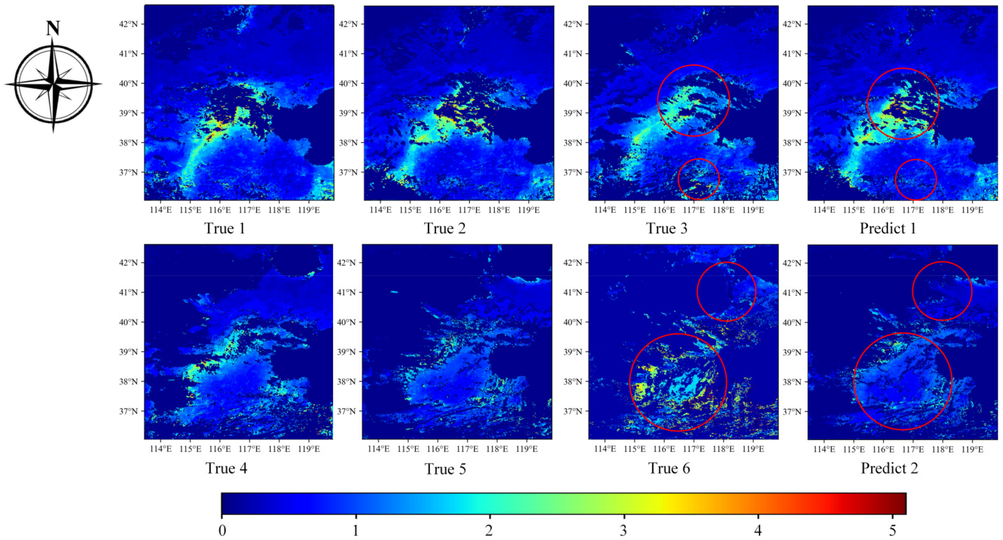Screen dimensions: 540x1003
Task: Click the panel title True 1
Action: pyautogui.click(x=225, y=228)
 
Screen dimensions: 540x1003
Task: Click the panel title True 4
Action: pyautogui.click(x=226, y=468)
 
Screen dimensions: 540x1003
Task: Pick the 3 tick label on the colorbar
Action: pyautogui.click(x=623, y=530)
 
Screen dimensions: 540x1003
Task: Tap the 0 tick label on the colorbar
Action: pyautogui.click(x=222, y=530)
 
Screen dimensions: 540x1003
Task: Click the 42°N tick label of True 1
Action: pyautogui.click(x=128, y=24)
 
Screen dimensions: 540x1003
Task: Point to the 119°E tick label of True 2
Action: pyautogui.click(x=528, y=210)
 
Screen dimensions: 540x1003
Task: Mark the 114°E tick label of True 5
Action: pyautogui.click(x=378, y=449)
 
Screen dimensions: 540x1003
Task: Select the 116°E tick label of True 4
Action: pyautogui.click(x=220, y=449)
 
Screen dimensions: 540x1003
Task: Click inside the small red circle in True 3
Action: pyautogui.click(x=698, y=179)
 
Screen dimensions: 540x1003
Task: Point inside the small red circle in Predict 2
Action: pyautogui.click(x=942, y=291)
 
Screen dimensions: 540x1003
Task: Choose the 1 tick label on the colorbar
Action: pyautogui.click(x=355, y=530)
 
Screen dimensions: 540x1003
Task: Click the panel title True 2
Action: pyautogui.click(x=445, y=228)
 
